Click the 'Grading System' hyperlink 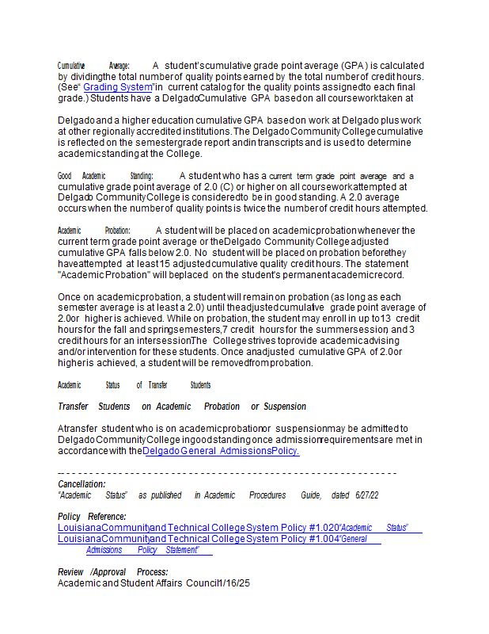click(x=117, y=87)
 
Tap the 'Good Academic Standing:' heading click(x=106, y=176)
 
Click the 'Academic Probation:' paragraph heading click(x=93, y=231)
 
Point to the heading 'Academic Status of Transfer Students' click(x=134, y=385)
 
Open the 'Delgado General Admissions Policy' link click(x=222, y=451)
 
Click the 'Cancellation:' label click(x=81, y=483)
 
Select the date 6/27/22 click(x=366, y=495)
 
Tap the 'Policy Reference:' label click(x=91, y=517)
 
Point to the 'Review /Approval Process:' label click(x=112, y=572)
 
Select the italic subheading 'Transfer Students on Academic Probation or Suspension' click(x=182, y=407)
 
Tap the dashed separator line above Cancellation click(x=227, y=472)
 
